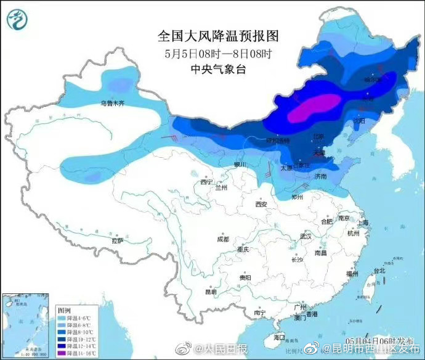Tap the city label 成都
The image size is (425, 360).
click(x=223, y=239)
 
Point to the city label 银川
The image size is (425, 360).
click(x=239, y=165)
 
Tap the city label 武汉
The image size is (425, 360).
click(x=306, y=236)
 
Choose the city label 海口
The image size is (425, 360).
click(x=279, y=337)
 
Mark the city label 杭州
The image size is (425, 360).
click(x=353, y=234)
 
